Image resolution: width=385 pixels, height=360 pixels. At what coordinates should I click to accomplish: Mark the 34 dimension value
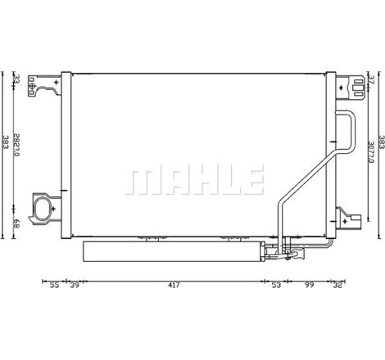coord(16,79)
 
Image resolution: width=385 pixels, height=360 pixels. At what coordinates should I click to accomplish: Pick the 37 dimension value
coord(371,79)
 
